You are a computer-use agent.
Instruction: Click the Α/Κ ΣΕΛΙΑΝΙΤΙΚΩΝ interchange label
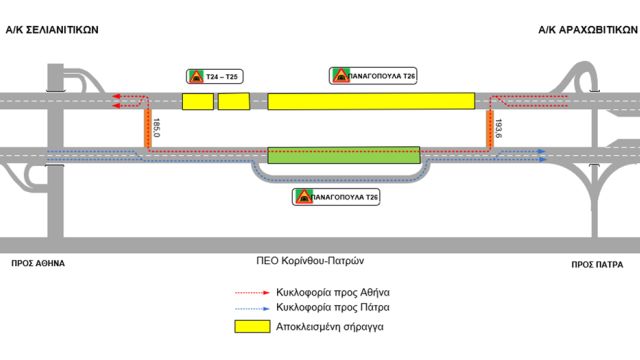[x=54, y=30]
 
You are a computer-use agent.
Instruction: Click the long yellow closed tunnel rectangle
[x=371, y=101]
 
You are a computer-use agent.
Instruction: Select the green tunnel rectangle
[x=343, y=155]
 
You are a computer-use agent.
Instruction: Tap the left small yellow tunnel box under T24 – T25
[x=197, y=102]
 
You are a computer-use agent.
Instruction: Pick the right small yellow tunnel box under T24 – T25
[x=233, y=102]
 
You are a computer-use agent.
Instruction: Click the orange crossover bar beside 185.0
[x=147, y=127]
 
